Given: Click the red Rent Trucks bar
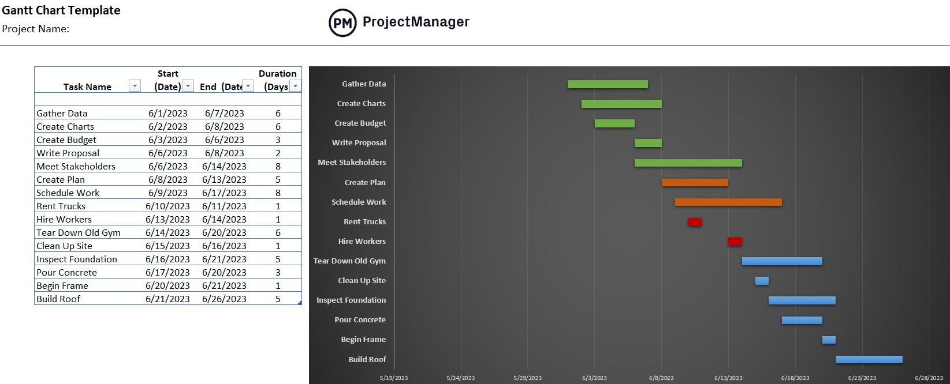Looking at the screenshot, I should click(x=695, y=222).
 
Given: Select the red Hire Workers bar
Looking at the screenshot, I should click(x=735, y=242).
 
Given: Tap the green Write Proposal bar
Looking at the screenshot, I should click(x=648, y=143).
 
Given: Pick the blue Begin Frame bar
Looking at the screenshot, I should click(x=829, y=340).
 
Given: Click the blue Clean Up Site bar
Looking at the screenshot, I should click(x=762, y=281).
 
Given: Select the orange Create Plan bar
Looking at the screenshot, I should click(x=695, y=183).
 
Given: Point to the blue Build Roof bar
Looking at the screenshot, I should click(x=869, y=360).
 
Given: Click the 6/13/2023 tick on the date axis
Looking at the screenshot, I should click(x=728, y=378).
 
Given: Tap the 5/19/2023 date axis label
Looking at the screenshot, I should click(x=394, y=378).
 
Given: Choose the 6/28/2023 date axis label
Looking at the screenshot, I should click(x=929, y=378).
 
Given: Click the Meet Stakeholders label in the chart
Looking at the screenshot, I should click(x=352, y=163).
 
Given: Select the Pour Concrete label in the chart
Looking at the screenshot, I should click(x=360, y=320).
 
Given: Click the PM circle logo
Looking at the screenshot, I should click(x=342, y=23).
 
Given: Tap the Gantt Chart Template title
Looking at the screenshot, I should click(x=61, y=10).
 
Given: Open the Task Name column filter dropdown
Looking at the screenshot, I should click(x=135, y=86).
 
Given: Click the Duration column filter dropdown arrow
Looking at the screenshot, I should click(x=295, y=86).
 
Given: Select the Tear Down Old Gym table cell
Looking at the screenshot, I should click(x=79, y=232).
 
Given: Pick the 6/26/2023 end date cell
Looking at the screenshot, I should click(x=224, y=299).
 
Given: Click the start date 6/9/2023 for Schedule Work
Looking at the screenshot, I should click(x=167, y=193).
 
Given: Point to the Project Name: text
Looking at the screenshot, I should click(x=36, y=29).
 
